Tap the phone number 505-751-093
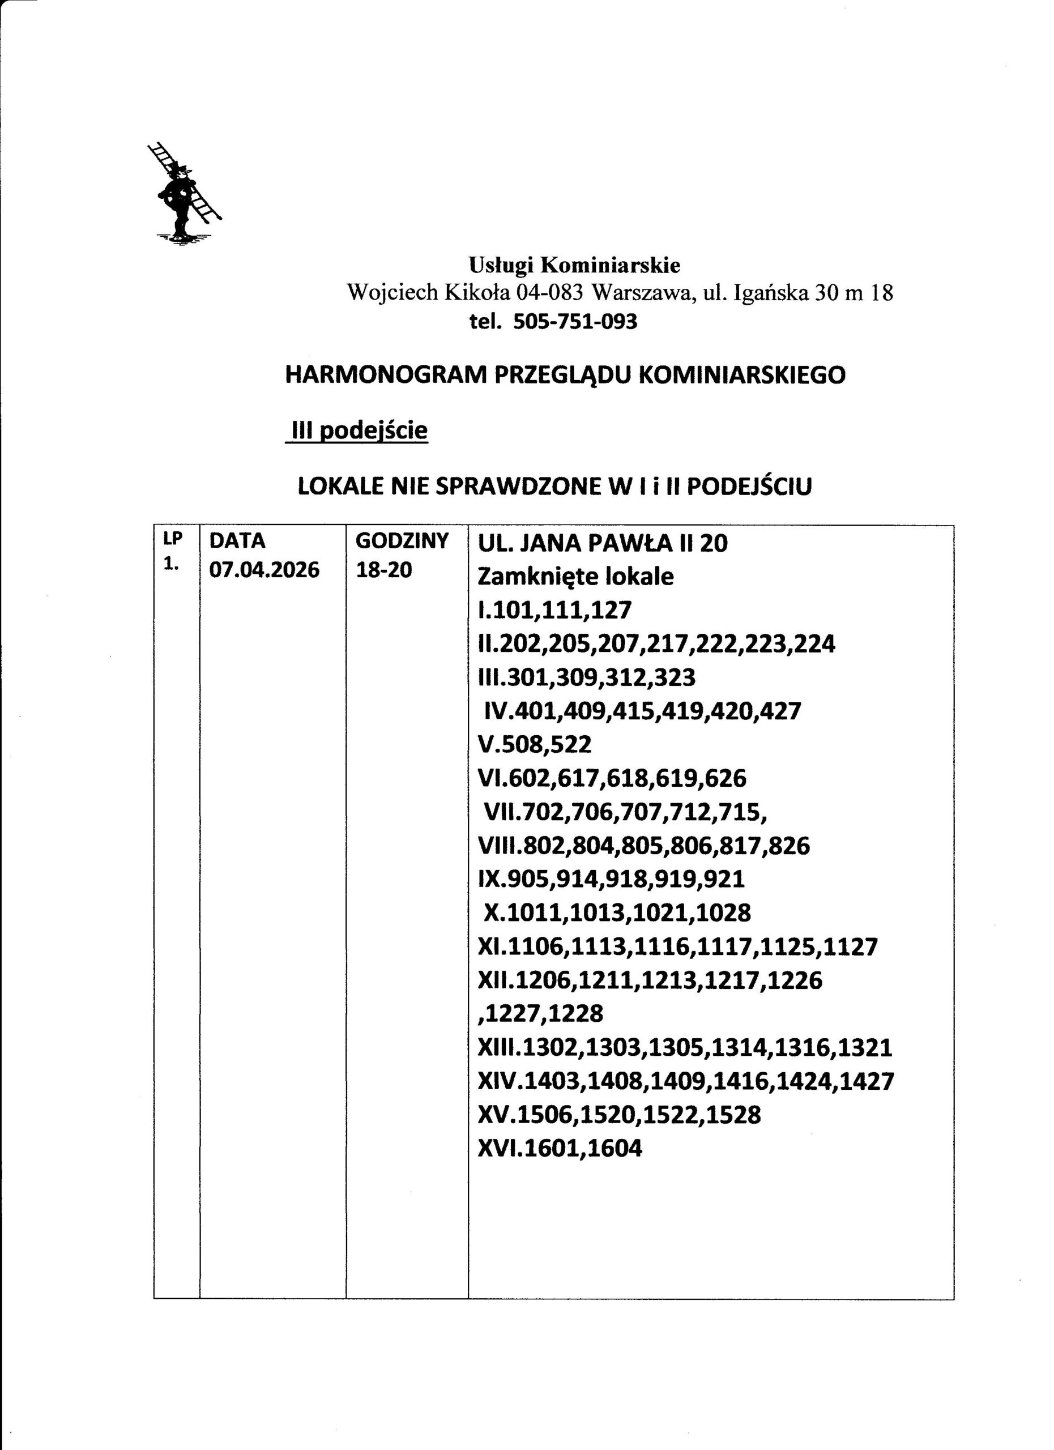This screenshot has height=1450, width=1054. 575,322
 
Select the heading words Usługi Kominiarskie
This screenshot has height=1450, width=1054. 575,265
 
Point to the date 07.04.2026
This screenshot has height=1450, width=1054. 264,570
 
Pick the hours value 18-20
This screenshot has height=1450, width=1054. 383,570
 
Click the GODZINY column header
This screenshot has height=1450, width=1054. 402,541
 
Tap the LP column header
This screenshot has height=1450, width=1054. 173,540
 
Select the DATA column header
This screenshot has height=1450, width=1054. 237,541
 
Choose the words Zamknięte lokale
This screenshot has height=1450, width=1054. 575,577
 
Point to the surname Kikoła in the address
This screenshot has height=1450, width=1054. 477,293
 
